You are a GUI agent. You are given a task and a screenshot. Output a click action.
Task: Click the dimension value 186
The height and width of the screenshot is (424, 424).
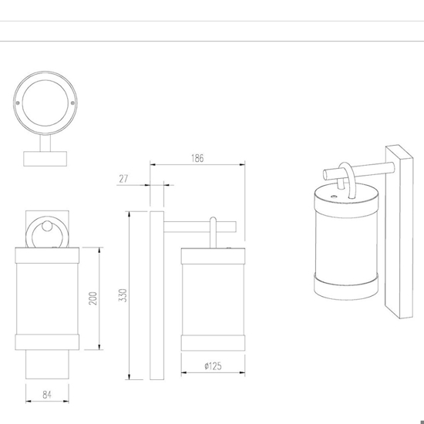(197, 158)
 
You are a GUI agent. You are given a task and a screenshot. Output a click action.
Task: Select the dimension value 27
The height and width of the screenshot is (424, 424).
(123, 179)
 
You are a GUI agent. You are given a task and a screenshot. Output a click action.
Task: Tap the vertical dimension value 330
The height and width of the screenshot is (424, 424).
(123, 295)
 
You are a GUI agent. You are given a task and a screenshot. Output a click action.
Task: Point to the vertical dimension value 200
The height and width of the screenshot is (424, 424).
(93, 298)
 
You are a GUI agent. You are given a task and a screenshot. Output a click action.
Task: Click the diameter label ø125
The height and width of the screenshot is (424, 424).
(213, 366)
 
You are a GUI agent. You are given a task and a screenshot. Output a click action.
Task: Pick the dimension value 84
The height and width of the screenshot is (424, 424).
(47, 395)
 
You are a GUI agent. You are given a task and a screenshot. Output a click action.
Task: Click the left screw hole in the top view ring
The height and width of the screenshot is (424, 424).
(18, 103)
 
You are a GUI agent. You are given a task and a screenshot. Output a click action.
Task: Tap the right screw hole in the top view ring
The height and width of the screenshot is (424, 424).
(72, 103)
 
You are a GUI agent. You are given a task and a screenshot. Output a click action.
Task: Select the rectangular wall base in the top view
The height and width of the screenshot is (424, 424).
(45, 159)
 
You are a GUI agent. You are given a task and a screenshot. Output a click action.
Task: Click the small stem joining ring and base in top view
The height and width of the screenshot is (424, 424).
(45, 143)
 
